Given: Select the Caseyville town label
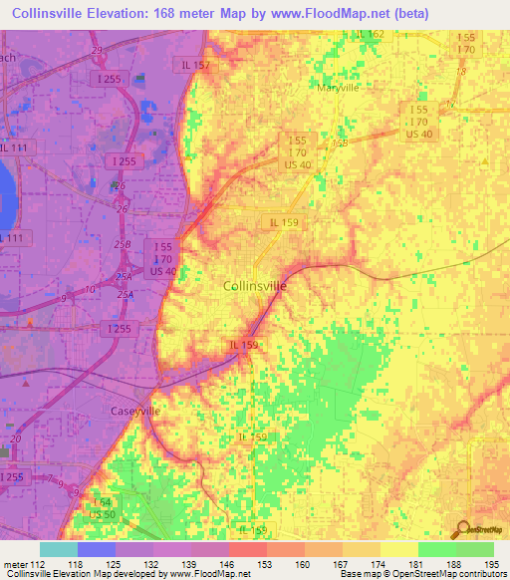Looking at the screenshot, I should point(133,411).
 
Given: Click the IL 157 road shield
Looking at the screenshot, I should point(195,65).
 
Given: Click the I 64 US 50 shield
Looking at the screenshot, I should point(102,508).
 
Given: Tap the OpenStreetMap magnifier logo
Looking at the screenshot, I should point(460,529).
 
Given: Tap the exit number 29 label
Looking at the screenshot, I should point(96,50).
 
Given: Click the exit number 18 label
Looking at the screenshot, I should point(460,72).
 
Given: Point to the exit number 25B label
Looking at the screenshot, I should point(122,244).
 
